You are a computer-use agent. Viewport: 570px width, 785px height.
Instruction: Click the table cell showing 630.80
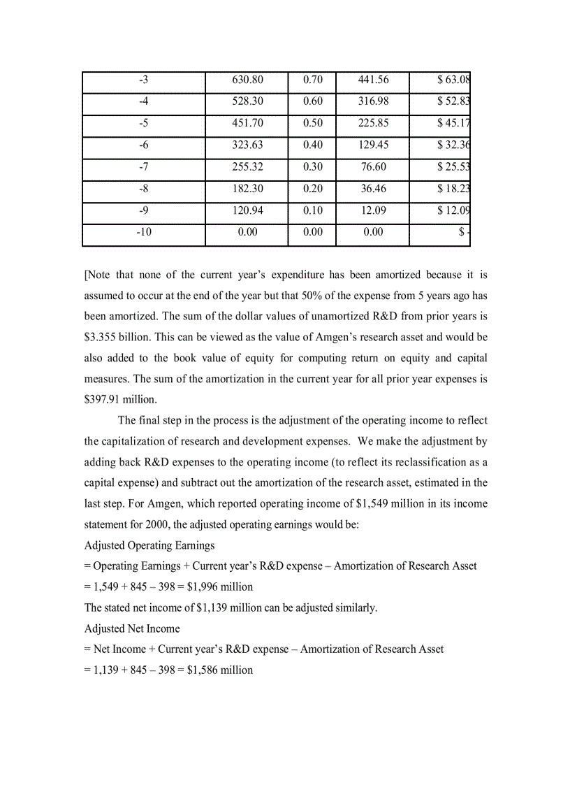coord(247,80)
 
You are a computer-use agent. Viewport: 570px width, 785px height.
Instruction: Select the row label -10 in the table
coord(143,232)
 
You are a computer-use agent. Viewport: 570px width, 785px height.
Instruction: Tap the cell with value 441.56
coord(373,80)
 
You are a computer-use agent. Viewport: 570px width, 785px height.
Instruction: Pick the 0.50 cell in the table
coord(313,123)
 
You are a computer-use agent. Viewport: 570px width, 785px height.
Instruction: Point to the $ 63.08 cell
coord(453,80)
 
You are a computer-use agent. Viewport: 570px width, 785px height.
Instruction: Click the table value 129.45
coord(373,145)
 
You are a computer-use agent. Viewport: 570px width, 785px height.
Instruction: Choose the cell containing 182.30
coord(247,189)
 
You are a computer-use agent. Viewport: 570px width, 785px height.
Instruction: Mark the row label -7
coord(143,167)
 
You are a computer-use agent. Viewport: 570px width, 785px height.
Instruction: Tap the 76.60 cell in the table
coord(373,167)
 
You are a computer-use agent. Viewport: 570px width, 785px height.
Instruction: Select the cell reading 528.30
coord(247,101)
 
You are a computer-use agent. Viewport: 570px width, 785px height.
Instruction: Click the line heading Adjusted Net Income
coord(132,628)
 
